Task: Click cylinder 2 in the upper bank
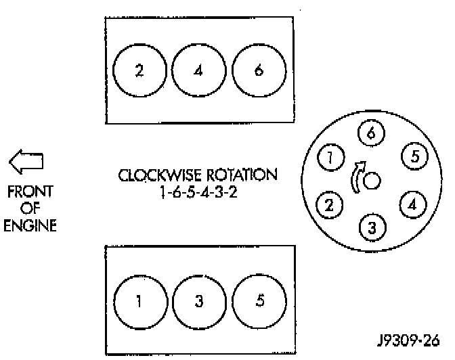(139, 72)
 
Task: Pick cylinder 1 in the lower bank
(139, 301)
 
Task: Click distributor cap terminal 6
(370, 134)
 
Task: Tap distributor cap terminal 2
(330, 204)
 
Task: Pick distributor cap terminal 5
(414, 157)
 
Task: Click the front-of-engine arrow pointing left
(26, 161)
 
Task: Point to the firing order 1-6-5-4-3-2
(198, 192)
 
